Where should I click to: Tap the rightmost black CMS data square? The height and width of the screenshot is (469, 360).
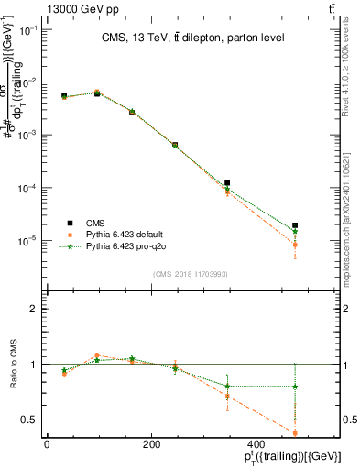(320, 225)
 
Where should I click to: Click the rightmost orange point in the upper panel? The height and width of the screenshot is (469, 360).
(320, 245)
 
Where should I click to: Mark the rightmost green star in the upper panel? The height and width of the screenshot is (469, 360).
(320, 232)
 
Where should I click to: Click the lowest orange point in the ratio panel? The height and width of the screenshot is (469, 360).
(320, 433)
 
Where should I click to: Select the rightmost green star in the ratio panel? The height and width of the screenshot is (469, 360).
(320, 387)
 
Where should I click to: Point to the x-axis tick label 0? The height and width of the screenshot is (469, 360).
(47, 444)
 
